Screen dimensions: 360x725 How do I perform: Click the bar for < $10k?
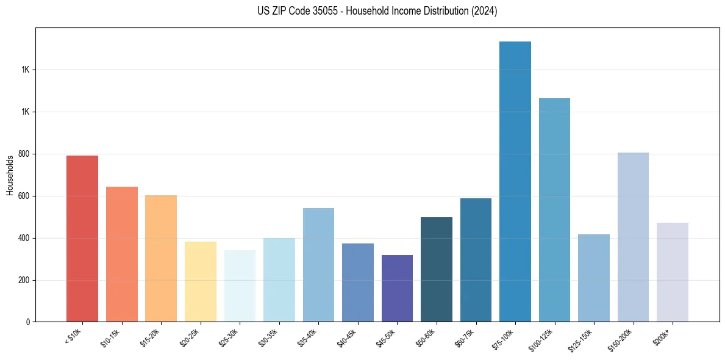[82, 239]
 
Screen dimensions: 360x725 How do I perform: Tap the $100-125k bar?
[554, 210]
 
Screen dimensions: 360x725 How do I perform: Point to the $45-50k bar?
[396, 288]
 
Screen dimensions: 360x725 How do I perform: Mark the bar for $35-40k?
[318, 265]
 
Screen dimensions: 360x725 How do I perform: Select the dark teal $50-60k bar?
[436, 269]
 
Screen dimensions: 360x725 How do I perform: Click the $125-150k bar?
[593, 278]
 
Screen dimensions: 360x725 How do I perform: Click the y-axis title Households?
[10, 175]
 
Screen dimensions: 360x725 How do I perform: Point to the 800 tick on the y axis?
[24, 154]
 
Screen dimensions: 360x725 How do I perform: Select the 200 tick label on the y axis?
[24, 281]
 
